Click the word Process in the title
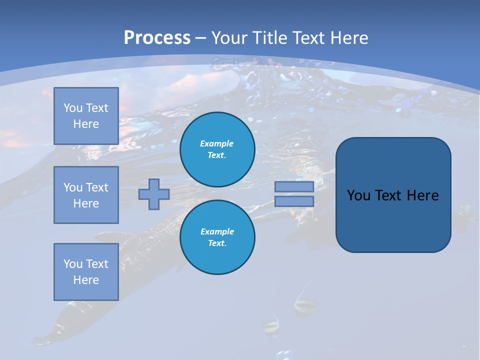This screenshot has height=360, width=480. coord(157,38)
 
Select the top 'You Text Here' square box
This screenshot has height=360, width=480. coord(86,116)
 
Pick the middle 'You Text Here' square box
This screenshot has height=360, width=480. coord(86,195)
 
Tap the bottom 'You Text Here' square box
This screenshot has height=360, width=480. coord(86,272)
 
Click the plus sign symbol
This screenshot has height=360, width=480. coord(154,194)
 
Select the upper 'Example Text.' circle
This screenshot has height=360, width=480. coord(217,149)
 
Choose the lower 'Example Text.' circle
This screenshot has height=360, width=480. coord(217,237)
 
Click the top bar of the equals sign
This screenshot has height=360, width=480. coord(294,187)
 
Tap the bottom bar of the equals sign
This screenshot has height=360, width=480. coord(294,201)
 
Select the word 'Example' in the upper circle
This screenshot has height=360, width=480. coord(217,143)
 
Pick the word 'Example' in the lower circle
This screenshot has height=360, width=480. coord(217,231)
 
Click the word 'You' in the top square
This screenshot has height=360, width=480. coord(72,108)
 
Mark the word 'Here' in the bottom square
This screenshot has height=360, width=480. coord(86,280)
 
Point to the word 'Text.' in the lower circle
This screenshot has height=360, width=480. coord(217,243)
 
